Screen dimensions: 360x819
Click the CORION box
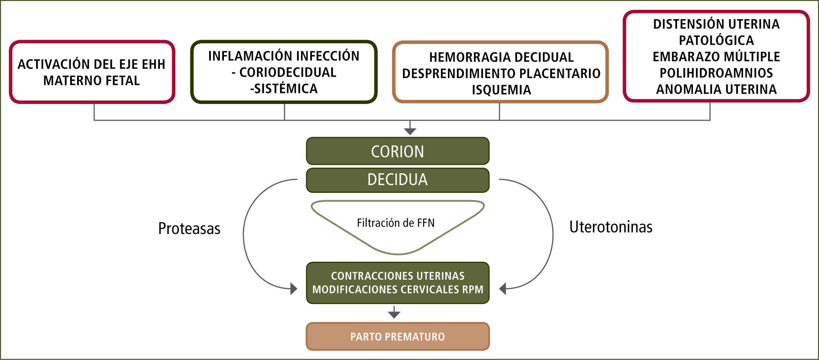(397, 151)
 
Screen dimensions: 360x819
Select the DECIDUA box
(397, 180)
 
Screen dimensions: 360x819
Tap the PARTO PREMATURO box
(397, 337)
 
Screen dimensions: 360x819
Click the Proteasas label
(189, 229)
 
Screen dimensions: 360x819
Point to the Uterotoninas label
(611, 227)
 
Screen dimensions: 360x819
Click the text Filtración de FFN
(396, 223)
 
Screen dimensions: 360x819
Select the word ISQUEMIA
(501, 90)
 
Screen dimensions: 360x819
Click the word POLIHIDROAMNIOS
(716, 73)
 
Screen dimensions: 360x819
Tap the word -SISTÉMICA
(284, 88)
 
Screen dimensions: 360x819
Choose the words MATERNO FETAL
(92, 81)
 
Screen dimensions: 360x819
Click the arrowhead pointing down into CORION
(410, 131)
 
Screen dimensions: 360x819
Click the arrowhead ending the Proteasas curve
(294, 289)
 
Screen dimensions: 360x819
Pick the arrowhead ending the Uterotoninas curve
(503, 289)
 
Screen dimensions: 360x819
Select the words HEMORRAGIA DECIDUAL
(501, 57)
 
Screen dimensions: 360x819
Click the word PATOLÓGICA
(716, 40)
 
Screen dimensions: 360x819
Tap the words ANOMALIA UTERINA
(716, 89)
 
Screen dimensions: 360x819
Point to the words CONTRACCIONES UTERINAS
(398, 276)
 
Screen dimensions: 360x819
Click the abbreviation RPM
(473, 289)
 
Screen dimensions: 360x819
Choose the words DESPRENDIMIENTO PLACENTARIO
(501, 73)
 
